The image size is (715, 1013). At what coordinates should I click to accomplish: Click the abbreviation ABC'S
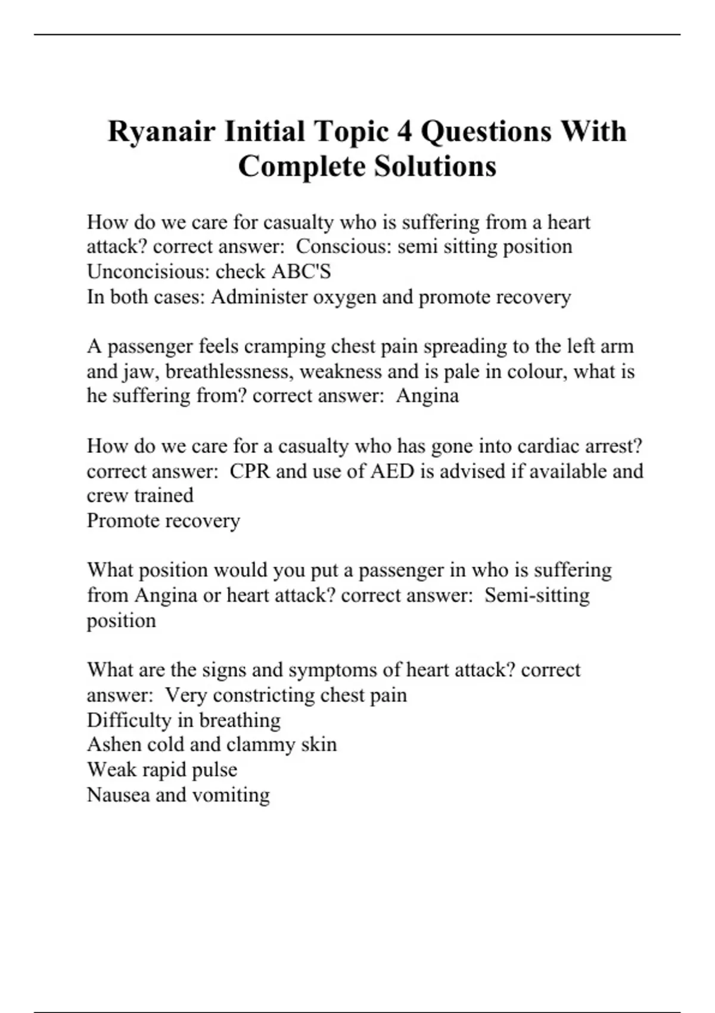301,272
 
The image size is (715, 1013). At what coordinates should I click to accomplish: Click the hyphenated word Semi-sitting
537,595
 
